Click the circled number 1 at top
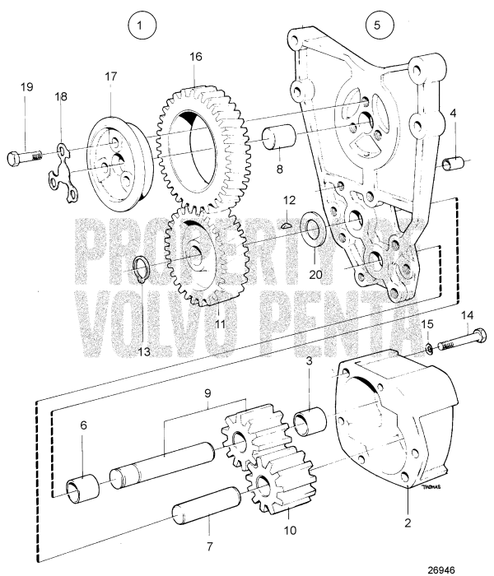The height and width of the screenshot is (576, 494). click(142, 27)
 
